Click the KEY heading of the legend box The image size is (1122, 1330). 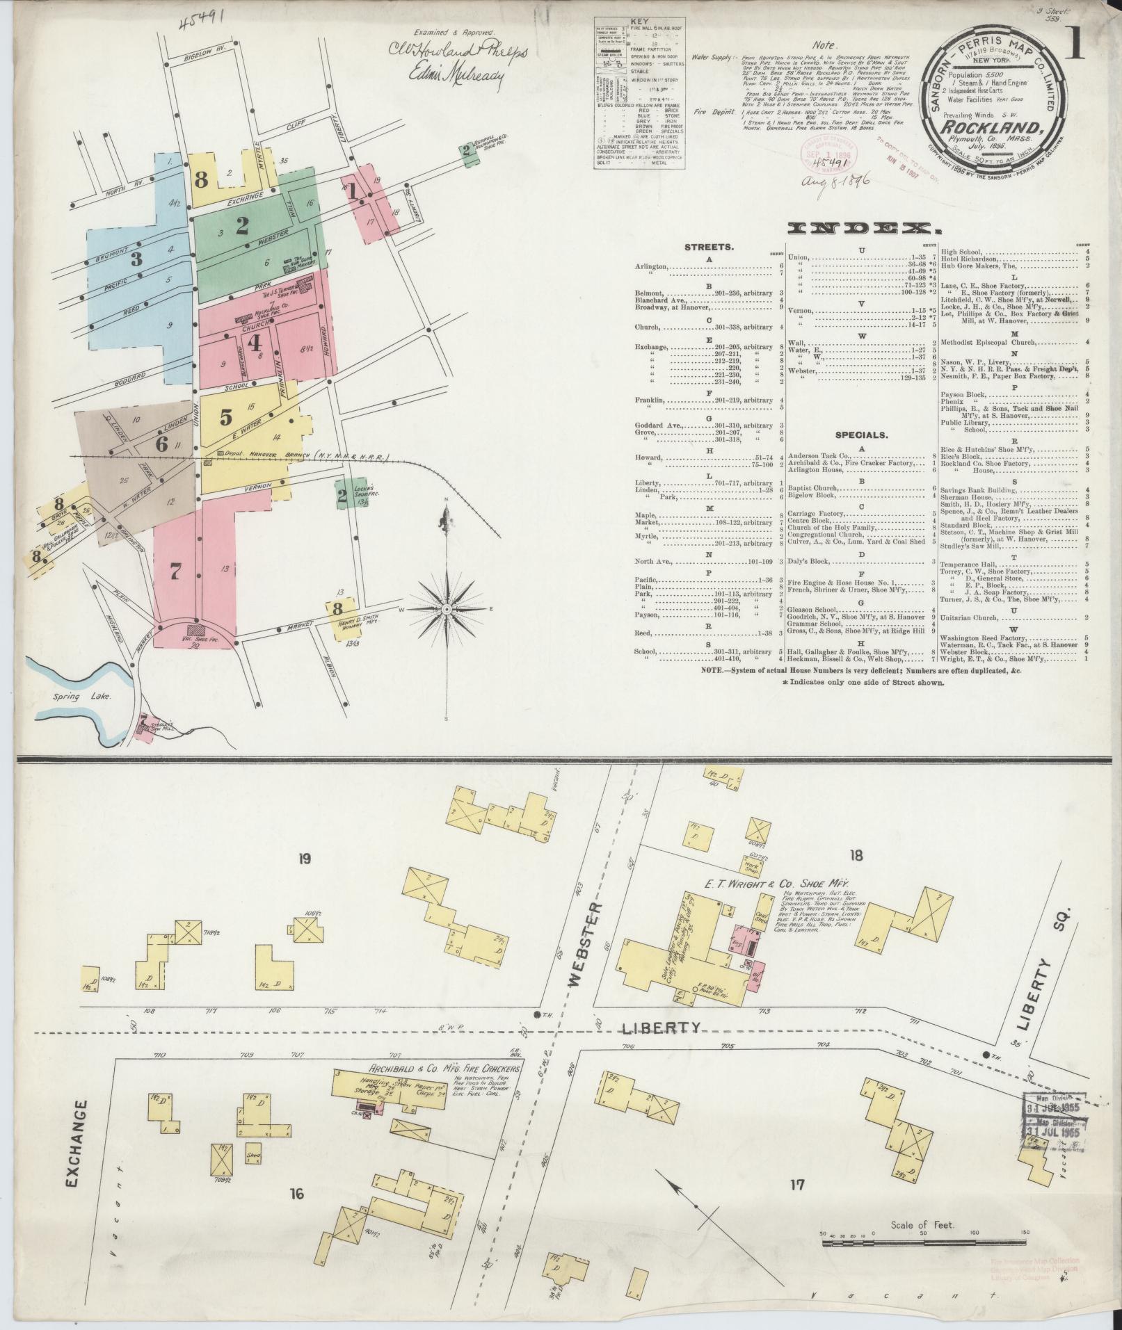tap(637, 22)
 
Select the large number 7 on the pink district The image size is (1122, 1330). tap(175, 571)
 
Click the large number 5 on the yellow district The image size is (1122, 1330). tap(226, 417)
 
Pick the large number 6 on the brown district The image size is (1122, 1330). tap(161, 444)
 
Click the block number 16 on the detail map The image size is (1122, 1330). tap(297, 1194)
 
